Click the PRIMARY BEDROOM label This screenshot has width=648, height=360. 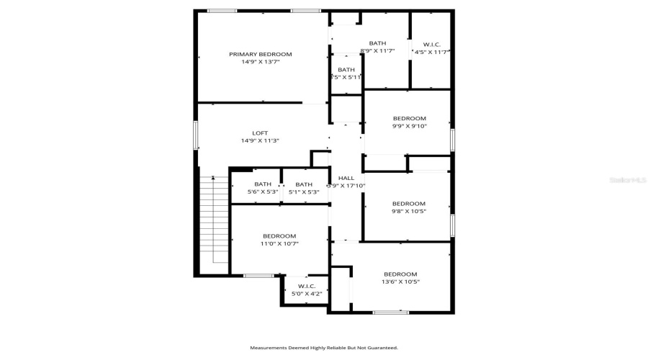tap(260, 55)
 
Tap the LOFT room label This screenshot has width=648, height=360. tap(260, 133)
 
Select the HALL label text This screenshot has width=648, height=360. tap(346, 178)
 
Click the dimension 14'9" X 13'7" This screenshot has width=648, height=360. tap(260, 63)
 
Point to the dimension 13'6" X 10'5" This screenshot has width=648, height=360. tap(400, 282)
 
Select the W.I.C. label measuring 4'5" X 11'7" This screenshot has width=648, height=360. tap(432, 45)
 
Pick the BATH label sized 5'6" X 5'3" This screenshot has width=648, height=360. tap(263, 184)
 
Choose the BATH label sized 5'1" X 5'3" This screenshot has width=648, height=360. tap(304, 184)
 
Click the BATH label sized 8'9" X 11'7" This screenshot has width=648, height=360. tap(377, 43)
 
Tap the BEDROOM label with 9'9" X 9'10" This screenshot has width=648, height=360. tap(409, 118)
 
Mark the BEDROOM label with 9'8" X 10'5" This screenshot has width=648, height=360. tap(408, 204)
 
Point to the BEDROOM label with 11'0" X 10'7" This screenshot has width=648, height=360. tap(279, 236)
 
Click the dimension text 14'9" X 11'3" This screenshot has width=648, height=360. tap(260, 141)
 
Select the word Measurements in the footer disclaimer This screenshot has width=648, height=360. tap(268, 348)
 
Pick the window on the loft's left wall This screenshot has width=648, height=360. tap(196, 135)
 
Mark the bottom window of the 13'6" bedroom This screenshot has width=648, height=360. tap(391, 312)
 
